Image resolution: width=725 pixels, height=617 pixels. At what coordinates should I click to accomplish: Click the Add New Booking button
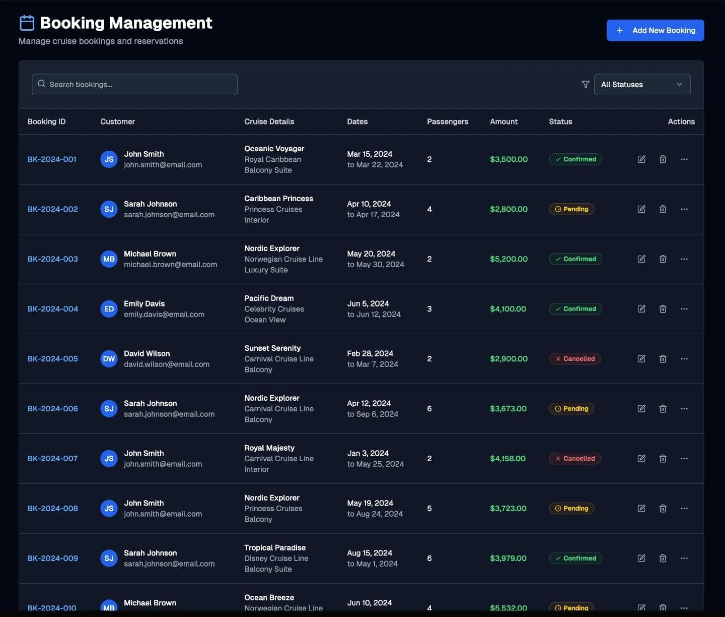click(x=655, y=30)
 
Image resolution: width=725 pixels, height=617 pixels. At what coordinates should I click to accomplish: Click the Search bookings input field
click(x=134, y=85)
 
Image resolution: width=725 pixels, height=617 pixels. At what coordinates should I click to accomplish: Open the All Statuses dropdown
click(x=642, y=85)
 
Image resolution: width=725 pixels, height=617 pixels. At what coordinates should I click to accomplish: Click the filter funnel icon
click(x=586, y=85)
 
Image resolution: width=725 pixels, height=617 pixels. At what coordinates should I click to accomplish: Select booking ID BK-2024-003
click(x=53, y=259)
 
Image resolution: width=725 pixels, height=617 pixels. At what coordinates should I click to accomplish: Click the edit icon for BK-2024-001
click(x=641, y=159)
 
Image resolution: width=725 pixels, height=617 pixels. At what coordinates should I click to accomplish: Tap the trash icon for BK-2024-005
click(x=663, y=359)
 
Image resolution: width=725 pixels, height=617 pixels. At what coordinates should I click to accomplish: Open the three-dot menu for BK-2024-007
click(x=684, y=459)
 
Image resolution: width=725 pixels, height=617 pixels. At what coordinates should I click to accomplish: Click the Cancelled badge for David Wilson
click(x=574, y=359)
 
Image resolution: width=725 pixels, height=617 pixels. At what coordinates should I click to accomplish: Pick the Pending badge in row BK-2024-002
click(x=571, y=209)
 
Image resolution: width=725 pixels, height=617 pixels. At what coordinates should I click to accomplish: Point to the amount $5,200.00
click(x=509, y=259)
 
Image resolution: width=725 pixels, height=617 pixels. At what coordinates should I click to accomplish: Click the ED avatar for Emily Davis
click(x=109, y=309)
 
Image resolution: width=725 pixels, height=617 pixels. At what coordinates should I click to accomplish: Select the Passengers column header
click(x=448, y=121)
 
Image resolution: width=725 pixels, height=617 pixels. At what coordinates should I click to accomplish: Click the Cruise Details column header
click(x=269, y=121)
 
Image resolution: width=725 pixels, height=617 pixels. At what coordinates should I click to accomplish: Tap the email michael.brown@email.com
click(x=170, y=265)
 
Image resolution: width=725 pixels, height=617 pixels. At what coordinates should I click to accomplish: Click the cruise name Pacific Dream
click(x=269, y=298)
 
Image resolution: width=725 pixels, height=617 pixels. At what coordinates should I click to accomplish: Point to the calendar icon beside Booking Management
click(x=27, y=23)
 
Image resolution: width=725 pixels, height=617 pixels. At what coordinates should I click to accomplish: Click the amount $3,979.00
click(x=508, y=559)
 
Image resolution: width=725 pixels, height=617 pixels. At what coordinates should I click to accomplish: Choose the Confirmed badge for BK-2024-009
click(x=575, y=559)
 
